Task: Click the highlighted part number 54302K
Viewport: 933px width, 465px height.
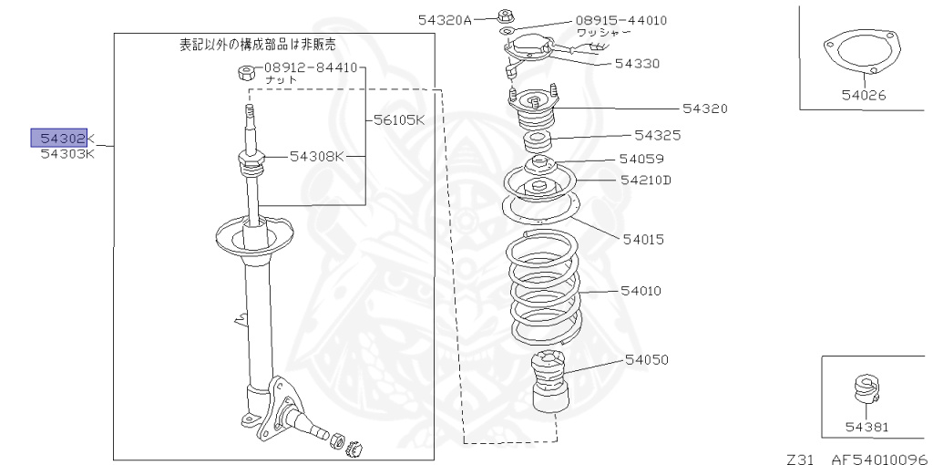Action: [x=63, y=138]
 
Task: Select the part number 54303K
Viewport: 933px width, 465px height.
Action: [x=67, y=154]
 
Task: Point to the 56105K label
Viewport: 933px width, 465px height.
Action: [x=398, y=119]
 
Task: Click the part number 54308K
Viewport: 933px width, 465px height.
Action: [x=318, y=156]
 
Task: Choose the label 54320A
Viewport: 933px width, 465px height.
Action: [x=446, y=19]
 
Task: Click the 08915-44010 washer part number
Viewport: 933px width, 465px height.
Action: [x=620, y=19]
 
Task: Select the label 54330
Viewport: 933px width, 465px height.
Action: [x=638, y=63]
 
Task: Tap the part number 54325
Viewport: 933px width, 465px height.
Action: [x=658, y=135]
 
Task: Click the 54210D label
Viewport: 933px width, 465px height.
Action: [x=646, y=180]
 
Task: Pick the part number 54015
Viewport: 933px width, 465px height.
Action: [x=643, y=240]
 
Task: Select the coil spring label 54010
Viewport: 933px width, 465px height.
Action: [x=641, y=291]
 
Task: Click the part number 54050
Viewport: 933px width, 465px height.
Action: [x=647, y=359]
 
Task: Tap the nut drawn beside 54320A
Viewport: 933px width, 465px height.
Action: [x=506, y=15]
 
